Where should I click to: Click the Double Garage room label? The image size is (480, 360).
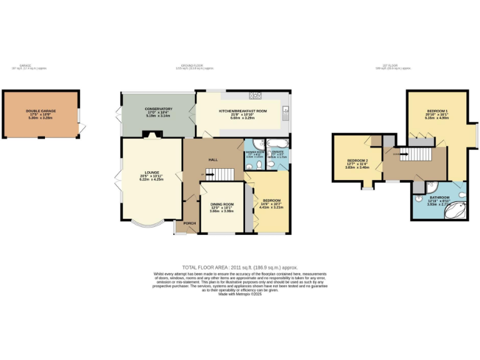coord(41,111)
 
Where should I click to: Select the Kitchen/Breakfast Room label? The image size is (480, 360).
coord(242,111)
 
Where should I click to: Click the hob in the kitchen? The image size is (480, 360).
coord(255,96)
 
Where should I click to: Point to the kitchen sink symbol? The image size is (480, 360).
coord(285,113)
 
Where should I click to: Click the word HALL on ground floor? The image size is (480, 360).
coord(212,159)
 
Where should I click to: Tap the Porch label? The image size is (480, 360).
coord(189,223)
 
